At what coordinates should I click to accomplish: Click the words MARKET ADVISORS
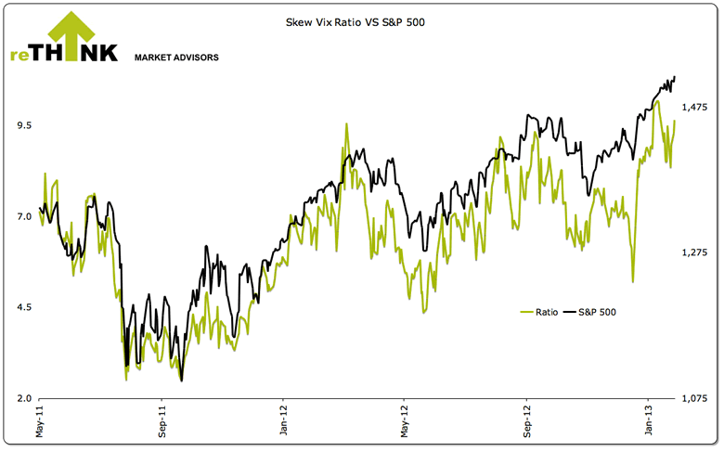[177, 58]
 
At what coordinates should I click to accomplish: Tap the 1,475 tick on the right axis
[696, 108]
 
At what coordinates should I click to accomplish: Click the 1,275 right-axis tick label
[696, 253]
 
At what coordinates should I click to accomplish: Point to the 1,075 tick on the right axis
[696, 398]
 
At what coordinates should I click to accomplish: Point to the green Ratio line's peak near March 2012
[346, 123]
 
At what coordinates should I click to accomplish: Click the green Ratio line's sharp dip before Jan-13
[632, 280]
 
